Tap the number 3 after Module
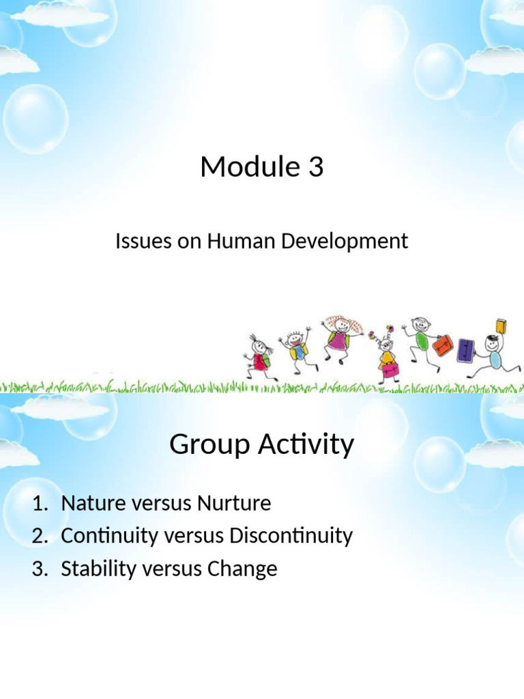click(315, 167)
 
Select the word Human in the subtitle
click(231, 241)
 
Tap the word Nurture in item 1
click(234, 504)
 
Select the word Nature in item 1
click(90, 504)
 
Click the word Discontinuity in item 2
click(291, 537)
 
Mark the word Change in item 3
click(242, 569)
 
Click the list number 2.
click(39, 537)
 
